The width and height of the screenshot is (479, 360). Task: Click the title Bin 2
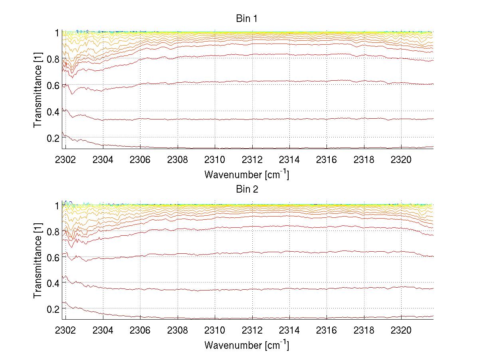point(247,189)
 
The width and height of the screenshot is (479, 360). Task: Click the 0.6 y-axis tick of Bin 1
point(53,85)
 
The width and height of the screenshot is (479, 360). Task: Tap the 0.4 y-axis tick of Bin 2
point(53,283)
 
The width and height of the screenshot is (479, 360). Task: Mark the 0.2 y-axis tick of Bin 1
point(53,137)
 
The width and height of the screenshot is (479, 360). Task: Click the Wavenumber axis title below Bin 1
point(246,174)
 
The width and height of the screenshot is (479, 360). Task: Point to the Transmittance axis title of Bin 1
point(38,90)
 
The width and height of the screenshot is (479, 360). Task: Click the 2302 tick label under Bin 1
point(66,160)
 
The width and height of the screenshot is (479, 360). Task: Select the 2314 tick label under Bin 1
point(289,160)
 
